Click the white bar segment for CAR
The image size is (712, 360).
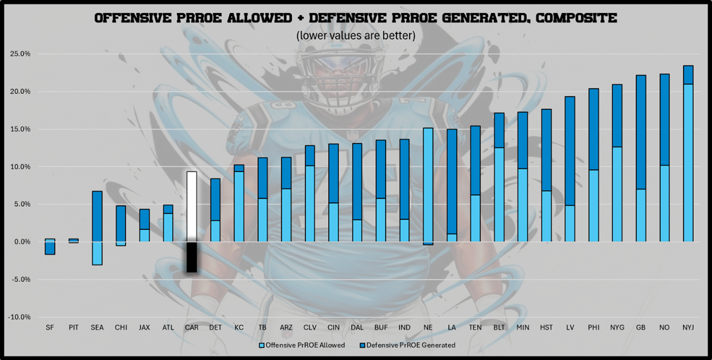point(192,206)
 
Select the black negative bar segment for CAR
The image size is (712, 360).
point(192,257)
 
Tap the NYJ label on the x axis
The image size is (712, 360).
point(687,327)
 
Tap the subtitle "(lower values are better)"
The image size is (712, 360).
point(355,35)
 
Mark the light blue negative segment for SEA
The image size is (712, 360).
point(97,253)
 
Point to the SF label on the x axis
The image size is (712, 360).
point(50,327)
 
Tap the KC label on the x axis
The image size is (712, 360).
point(239,327)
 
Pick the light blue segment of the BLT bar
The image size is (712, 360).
point(499,194)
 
